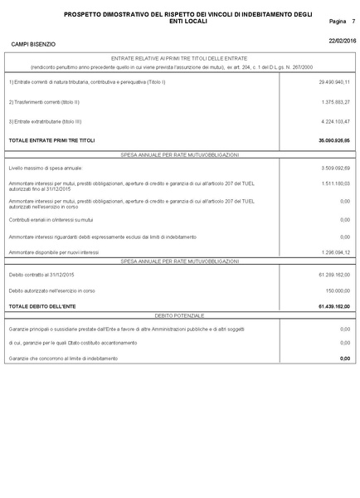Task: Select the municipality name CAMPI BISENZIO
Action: tap(33, 44)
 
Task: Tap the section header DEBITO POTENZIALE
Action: tap(179, 317)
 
